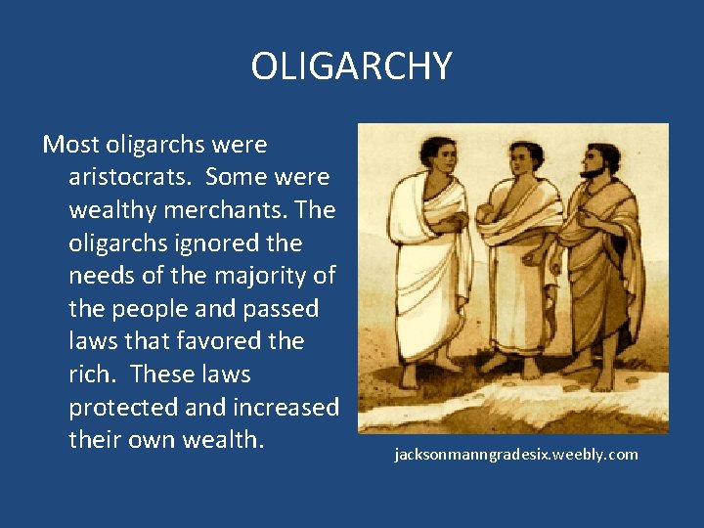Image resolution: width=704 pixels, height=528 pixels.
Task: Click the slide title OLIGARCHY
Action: pyautogui.click(x=351, y=66)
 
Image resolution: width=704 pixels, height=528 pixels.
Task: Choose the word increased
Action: pyautogui.click(x=286, y=408)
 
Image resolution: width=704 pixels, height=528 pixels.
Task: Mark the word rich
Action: pyautogui.click(x=91, y=374)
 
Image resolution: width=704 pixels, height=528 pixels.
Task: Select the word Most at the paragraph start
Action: pyautogui.click(x=72, y=145)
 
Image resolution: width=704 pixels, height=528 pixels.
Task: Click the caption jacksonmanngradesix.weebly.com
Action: pyautogui.click(x=515, y=455)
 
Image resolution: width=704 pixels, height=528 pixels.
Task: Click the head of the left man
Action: pyautogui.click(x=435, y=159)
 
